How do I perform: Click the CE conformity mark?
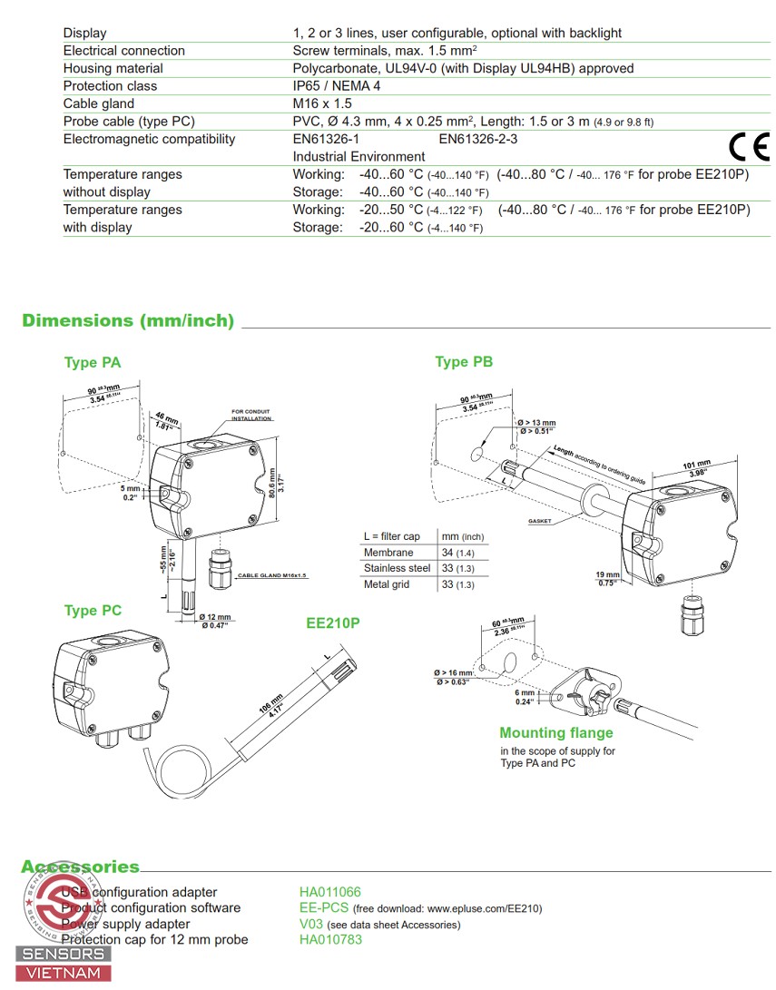tap(749, 146)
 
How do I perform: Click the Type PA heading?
tap(93, 363)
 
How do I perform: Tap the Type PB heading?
tap(464, 362)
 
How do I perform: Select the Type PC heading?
tap(93, 611)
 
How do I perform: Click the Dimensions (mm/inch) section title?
tap(128, 320)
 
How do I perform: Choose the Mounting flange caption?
tap(555, 732)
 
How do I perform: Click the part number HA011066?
tap(330, 892)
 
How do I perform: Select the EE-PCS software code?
tap(325, 908)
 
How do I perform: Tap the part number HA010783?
tap(330, 939)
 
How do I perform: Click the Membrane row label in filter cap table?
tap(388, 553)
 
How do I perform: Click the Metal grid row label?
tap(387, 584)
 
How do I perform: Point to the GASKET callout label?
tap(541, 522)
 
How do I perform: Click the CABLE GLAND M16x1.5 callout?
tap(272, 576)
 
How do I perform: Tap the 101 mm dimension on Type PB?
tap(695, 466)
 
